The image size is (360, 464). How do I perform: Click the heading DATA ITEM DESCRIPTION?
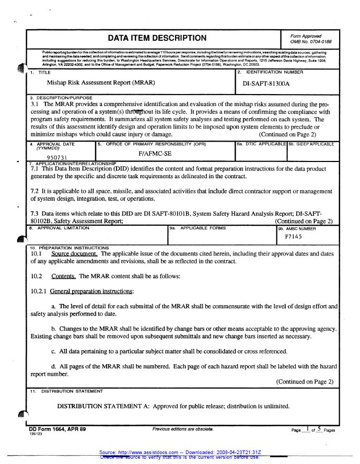(x=157, y=38)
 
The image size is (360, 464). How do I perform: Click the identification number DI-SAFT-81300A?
(x=266, y=83)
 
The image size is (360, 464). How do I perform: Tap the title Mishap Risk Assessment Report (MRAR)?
(x=101, y=83)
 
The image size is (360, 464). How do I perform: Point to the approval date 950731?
(x=57, y=157)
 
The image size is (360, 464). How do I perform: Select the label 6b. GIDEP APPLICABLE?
(x=312, y=143)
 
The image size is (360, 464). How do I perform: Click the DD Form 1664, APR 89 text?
(x=57, y=428)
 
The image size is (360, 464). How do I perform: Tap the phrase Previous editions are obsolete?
(x=183, y=428)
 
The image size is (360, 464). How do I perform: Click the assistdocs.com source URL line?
(x=180, y=451)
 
